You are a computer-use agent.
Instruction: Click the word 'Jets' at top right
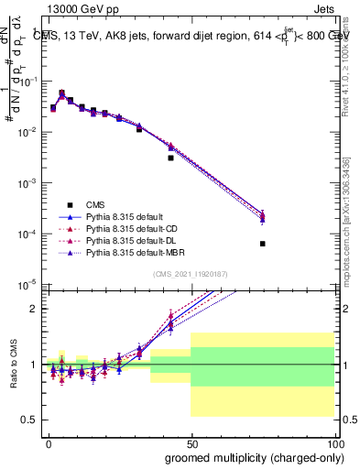click(x=326, y=10)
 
